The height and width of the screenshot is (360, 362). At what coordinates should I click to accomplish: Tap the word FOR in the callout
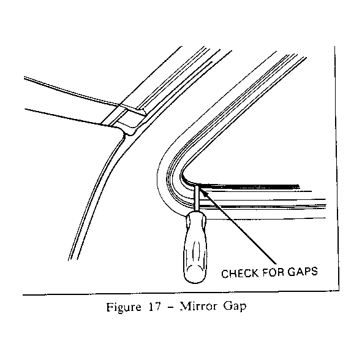coord(273,272)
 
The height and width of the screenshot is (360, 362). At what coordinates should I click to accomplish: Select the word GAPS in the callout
coord(303,271)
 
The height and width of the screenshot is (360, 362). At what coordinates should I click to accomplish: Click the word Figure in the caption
coord(124,307)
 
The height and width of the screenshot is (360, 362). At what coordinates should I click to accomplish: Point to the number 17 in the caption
coord(154,307)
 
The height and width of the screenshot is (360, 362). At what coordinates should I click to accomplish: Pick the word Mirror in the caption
coord(198,307)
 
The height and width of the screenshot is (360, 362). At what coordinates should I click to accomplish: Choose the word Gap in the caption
coord(235,307)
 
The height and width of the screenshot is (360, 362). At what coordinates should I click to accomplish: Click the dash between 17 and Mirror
coord(170,308)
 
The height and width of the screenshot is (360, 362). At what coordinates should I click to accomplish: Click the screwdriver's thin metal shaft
coord(197,198)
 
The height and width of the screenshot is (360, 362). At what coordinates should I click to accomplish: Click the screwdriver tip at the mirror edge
coord(197,185)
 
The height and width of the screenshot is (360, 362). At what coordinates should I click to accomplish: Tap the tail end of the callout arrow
coord(276,263)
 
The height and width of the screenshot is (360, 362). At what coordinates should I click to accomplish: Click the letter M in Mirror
coord(185,307)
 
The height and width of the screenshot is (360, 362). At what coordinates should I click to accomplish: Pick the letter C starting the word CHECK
coord(225,274)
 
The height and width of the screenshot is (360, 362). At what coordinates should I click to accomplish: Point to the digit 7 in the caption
coord(157,307)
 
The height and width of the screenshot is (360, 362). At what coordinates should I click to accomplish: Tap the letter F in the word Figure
coord(110,307)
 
